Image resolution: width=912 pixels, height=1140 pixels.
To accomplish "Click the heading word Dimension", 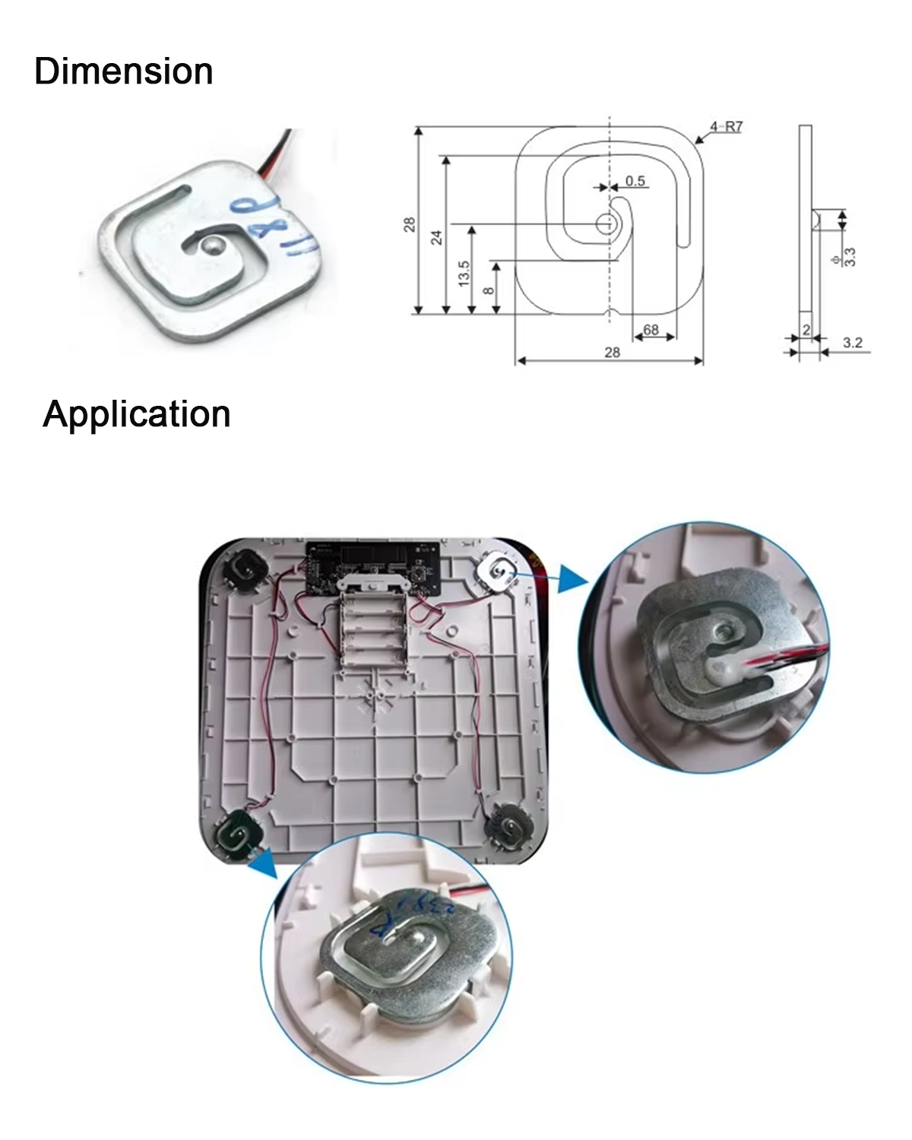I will [123, 71].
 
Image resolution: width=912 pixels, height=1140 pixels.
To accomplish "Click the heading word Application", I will [137, 414].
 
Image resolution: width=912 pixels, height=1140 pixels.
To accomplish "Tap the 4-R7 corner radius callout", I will [726, 127].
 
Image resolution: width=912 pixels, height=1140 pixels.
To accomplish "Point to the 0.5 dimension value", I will [635, 181].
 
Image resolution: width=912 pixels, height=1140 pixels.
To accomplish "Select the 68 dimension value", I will [651, 330].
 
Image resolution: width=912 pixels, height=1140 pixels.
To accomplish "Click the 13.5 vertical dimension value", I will [464, 273].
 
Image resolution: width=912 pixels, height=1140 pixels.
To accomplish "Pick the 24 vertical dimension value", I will [437, 237].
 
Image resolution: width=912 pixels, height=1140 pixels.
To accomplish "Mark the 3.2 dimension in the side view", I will [853, 343].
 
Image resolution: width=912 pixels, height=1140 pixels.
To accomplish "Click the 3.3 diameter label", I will [849, 257].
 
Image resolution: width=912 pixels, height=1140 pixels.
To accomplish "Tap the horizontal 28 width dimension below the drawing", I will [612, 352].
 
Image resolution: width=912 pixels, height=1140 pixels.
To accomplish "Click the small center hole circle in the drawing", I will [606, 223].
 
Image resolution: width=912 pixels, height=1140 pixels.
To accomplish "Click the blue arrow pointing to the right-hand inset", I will [572, 578].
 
